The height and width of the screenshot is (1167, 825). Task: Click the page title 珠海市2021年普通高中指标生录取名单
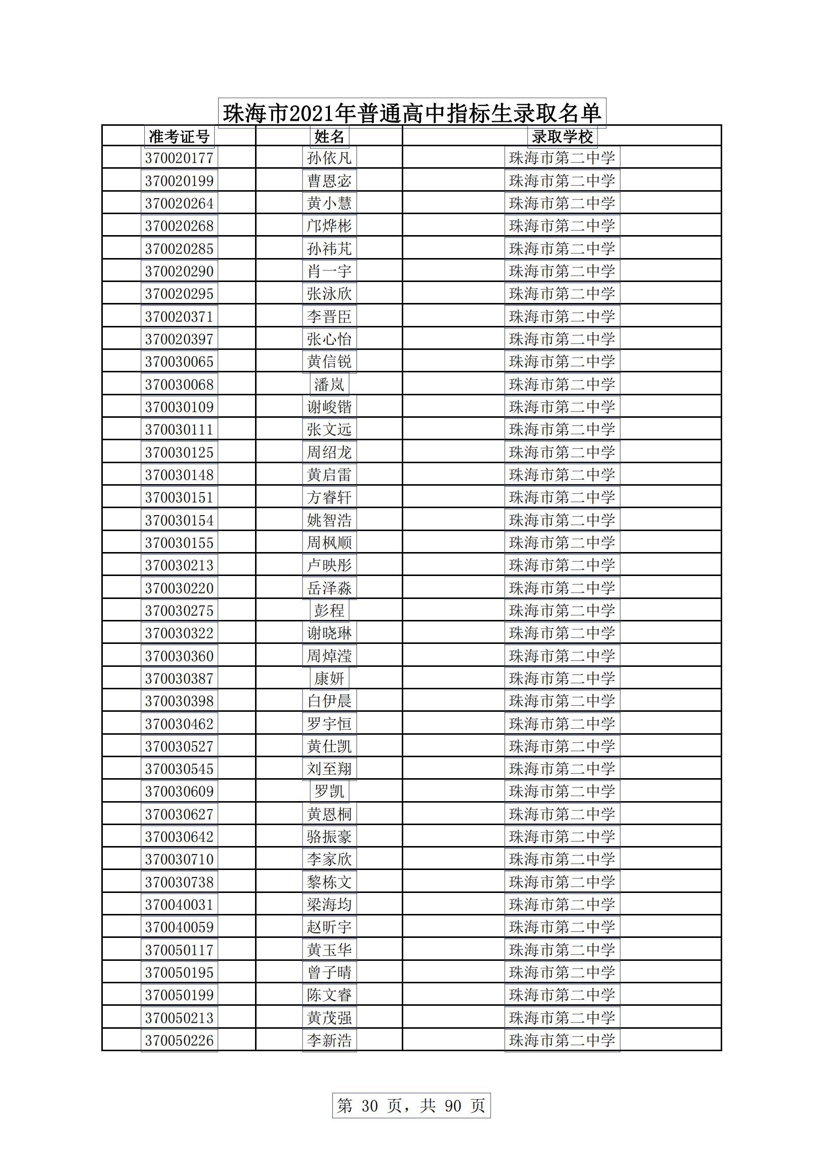[412, 113]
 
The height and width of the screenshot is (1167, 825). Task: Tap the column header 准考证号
[179, 136]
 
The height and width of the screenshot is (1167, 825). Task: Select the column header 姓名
[329, 136]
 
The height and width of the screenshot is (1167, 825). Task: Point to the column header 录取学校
[561, 136]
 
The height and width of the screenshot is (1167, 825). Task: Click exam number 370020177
[179, 158]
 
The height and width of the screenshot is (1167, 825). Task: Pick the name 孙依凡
[329, 158]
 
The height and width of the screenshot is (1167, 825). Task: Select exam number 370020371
[179, 316]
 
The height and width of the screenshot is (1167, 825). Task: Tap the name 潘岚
[329, 384]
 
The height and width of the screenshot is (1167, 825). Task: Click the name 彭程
[329, 610]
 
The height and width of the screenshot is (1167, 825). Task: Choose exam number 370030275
[179, 610]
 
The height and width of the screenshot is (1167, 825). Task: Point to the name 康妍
[329, 678]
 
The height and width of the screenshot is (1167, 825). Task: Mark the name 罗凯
[329, 791]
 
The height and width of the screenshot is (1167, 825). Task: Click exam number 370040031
[179, 905]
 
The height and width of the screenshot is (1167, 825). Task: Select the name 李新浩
[329, 1040]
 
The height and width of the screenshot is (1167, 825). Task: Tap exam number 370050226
[179, 1040]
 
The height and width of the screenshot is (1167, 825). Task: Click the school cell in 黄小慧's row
[561, 203]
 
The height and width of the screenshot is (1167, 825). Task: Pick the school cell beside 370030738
[561, 882]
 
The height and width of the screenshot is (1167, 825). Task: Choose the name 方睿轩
[329, 497]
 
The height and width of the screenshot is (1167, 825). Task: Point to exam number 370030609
[179, 791]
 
